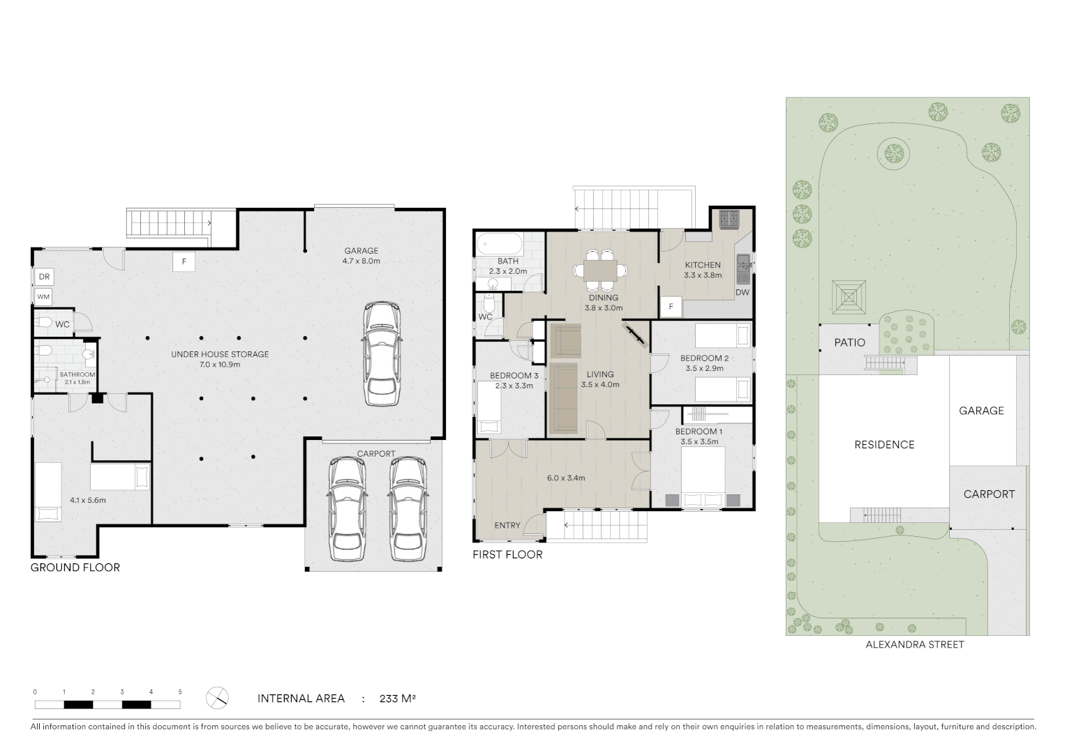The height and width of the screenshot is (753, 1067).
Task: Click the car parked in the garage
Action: pos(382,353)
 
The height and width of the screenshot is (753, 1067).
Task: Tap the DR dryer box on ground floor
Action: pos(44,277)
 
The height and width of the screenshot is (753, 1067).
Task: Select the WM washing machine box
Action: pos(44,297)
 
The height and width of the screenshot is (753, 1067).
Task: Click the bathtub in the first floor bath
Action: pos(499,245)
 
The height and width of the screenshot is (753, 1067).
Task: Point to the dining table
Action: pos(600,270)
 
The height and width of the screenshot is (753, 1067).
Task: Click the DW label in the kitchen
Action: pos(742,292)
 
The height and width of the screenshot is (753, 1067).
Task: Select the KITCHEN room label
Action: pos(702,265)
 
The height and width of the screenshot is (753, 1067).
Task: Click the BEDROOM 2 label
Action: pos(704,358)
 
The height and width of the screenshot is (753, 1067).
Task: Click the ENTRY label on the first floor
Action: pos(507,525)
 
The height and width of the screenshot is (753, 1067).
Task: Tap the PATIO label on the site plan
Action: pos(849,342)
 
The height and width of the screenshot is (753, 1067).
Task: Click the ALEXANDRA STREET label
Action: pos(914,645)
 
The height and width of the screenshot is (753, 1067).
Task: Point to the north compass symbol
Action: pos(218,697)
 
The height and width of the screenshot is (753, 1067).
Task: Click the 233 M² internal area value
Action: pos(398,698)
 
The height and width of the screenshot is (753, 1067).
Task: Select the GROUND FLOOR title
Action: pos(75,568)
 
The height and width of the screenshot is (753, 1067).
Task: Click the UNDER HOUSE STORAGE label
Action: pos(220,354)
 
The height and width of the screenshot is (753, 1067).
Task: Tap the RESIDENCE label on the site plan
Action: pos(884,445)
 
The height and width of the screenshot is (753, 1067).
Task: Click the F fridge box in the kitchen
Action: pos(671,306)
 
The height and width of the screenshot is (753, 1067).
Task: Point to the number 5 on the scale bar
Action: pos(180,692)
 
